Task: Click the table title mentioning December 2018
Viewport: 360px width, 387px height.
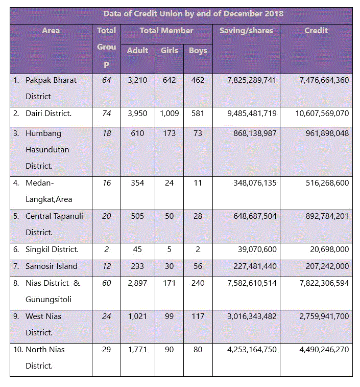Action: [193, 14]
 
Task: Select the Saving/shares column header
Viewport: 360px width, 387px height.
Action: [246, 31]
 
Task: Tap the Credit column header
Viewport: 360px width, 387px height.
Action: [316, 31]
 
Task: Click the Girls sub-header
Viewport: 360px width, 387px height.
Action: [169, 51]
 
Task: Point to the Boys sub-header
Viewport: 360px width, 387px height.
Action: [198, 51]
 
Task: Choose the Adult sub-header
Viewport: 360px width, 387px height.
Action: [137, 51]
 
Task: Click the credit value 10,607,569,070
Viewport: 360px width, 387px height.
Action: [322, 114]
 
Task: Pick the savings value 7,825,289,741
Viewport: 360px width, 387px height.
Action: [252, 80]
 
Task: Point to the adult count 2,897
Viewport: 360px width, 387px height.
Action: [137, 283]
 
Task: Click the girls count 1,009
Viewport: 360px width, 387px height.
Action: [169, 114]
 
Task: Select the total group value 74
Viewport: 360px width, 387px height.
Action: [106, 113]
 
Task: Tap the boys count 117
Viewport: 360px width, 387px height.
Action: [198, 316]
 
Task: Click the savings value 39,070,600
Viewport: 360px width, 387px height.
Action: [257, 250]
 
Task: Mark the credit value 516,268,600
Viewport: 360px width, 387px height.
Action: [327, 183]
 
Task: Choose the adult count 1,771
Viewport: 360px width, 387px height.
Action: [137, 350]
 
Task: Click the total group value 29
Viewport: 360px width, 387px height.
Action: [106, 350]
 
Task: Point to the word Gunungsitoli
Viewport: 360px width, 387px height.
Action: [49, 300]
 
